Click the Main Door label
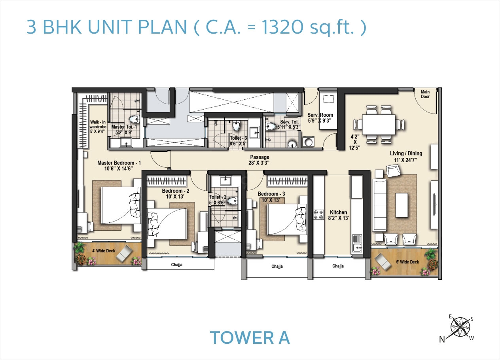pos(425,94)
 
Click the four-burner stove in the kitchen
pos(318,214)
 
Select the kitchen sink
pos(356,244)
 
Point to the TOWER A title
pos(250,338)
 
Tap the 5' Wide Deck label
pos(408,261)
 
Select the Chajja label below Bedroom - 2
pos(176,264)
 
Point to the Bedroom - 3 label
pos(271,194)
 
